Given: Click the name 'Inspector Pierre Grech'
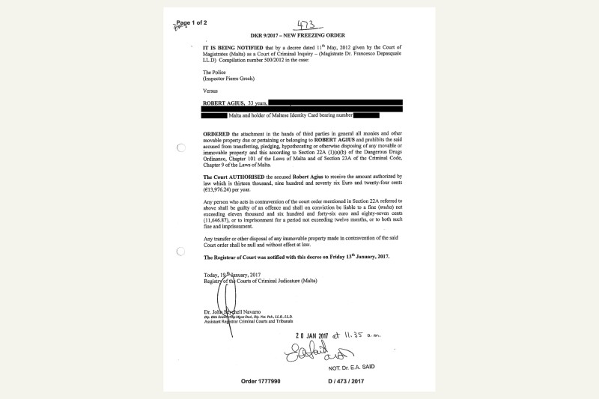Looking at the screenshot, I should click(234, 78).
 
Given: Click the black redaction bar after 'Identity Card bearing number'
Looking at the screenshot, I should click(366, 115).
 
